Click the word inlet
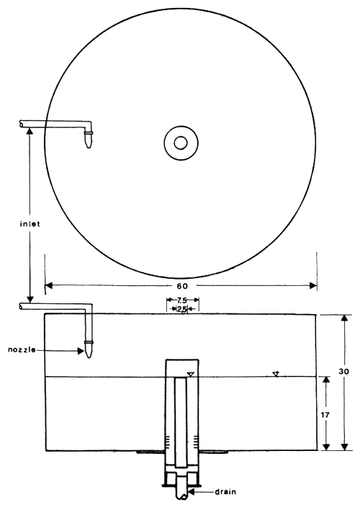[30, 223]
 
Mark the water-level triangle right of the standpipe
[275, 373]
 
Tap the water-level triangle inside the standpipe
[190, 373]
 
